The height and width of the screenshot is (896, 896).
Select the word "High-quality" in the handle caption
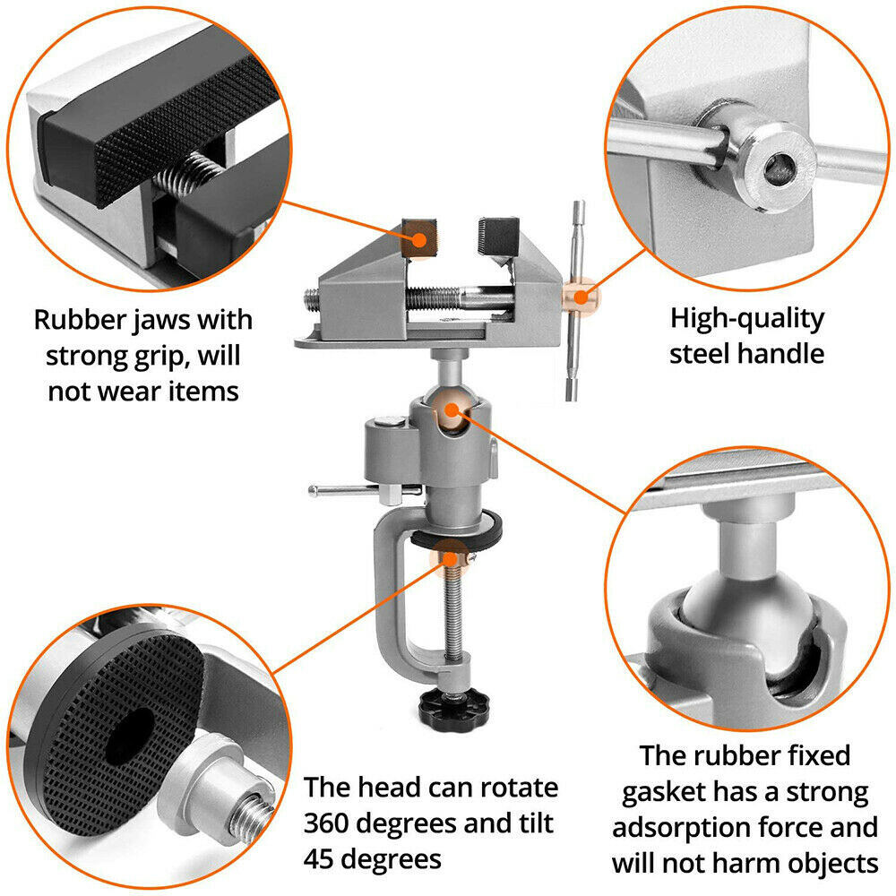[747, 318]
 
